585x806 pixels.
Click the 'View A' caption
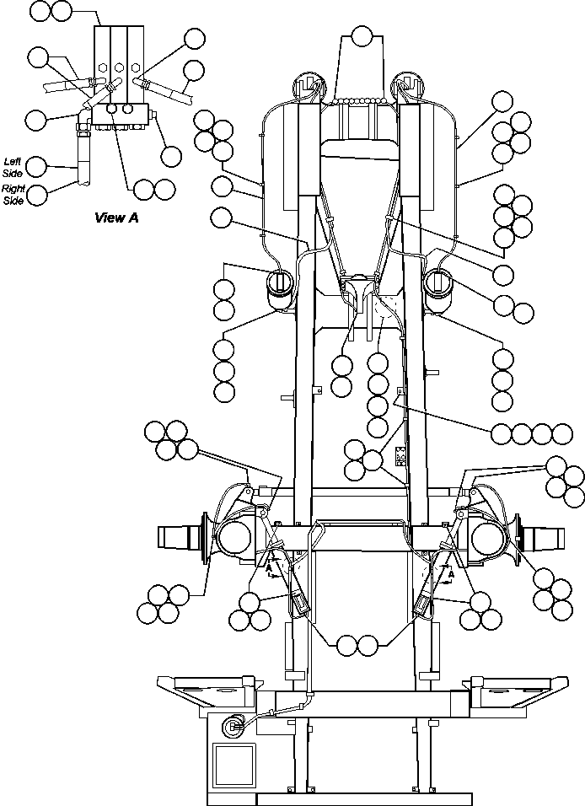(116, 218)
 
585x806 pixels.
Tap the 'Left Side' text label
(12, 165)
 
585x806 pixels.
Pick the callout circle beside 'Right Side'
(38, 195)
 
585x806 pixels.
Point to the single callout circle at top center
(362, 36)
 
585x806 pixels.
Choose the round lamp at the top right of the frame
(409, 85)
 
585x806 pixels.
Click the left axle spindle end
(177, 536)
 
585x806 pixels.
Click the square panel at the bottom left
(234, 762)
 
